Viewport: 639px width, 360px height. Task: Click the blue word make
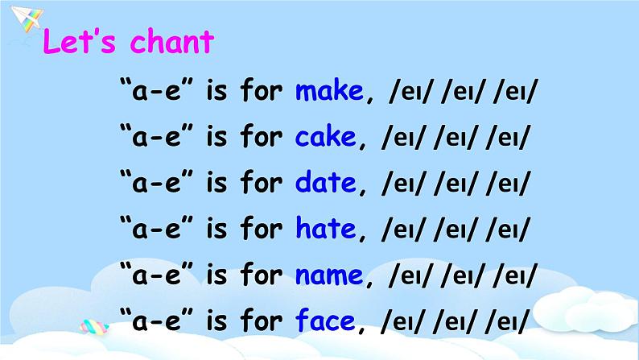pos(329,91)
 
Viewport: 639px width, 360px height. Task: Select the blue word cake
pos(325,138)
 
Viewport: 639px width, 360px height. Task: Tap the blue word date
pos(325,184)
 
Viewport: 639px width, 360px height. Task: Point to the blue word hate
pos(325,230)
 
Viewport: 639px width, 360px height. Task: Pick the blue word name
pos(329,276)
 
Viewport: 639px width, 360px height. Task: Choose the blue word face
pos(325,322)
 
